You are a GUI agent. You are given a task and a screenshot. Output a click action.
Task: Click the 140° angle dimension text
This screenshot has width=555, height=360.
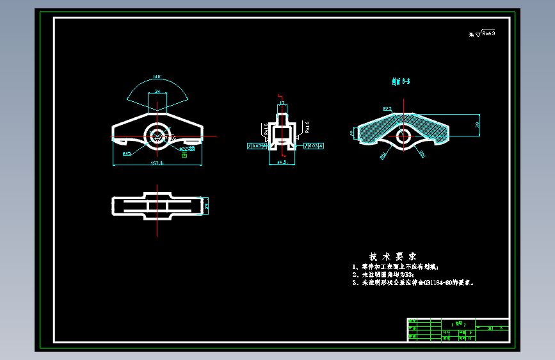click(x=157, y=78)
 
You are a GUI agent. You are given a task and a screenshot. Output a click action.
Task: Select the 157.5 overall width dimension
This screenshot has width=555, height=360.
click(x=157, y=163)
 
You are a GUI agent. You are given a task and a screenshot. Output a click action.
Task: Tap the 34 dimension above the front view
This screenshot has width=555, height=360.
click(x=157, y=92)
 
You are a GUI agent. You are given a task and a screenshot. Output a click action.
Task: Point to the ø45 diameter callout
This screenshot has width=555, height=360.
click(x=127, y=154)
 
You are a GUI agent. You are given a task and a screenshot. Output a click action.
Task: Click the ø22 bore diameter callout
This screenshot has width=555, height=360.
click(x=186, y=149)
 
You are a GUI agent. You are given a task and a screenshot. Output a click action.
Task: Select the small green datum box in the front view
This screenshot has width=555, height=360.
click(x=184, y=154)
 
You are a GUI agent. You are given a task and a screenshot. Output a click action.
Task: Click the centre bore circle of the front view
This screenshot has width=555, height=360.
click(x=156, y=135)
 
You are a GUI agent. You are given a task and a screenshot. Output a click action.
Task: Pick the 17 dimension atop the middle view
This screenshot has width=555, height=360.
click(x=282, y=102)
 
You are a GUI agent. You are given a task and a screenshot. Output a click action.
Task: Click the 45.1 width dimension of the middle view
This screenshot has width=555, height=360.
click(x=282, y=163)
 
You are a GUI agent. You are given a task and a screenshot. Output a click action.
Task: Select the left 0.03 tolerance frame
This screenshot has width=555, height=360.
click(x=257, y=146)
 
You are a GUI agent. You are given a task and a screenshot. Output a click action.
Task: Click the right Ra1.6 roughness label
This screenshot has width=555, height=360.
click(x=307, y=126)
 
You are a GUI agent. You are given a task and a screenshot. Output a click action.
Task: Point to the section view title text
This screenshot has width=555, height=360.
click(x=401, y=81)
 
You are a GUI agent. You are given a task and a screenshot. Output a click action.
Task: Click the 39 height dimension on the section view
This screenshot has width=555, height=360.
click(x=478, y=125)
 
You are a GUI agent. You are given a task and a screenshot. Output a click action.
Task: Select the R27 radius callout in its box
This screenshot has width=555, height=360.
click(x=387, y=109)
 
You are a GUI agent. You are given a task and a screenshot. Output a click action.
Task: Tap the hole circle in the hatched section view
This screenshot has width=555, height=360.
click(x=403, y=136)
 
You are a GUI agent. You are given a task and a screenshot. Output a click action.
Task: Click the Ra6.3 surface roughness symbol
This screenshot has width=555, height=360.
click(x=485, y=33)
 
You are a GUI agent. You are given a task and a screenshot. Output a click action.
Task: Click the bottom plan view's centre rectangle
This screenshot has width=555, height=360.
click(x=157, y=205)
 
